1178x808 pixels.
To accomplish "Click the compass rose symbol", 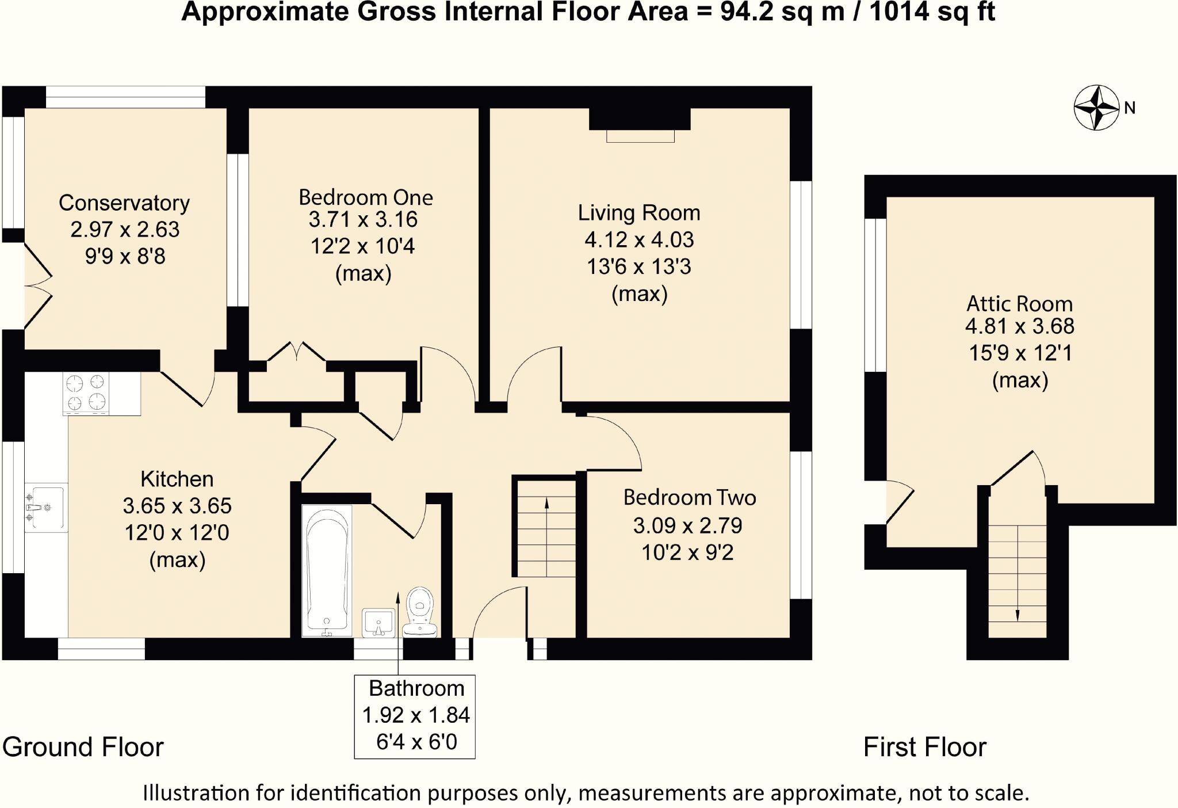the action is coord(1097,108).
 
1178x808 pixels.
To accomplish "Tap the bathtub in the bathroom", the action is coord(327,570).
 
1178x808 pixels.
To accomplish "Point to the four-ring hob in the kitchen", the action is coord(86,393).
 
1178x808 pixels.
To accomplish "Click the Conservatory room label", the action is coord(124,203).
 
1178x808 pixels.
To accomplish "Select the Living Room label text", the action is coord(639,213).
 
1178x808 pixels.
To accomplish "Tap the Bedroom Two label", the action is coord(690,497).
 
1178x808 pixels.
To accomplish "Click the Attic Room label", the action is coord(1020,303).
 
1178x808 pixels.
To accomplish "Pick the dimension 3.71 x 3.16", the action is coord(363,219).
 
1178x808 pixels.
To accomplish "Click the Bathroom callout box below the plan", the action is coord(415,716).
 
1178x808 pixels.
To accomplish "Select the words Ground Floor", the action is coord(83,747).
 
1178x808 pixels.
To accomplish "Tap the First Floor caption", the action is coord(925,747).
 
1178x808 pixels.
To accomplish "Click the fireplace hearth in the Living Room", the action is coord(640,136).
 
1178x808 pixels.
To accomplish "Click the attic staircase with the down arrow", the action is coord(1018,581).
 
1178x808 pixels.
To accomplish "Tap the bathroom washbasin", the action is coord(378,623).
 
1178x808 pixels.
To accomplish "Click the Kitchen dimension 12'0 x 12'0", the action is coord(177,532).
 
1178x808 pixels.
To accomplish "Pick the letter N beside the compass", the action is coord(1130,108).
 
